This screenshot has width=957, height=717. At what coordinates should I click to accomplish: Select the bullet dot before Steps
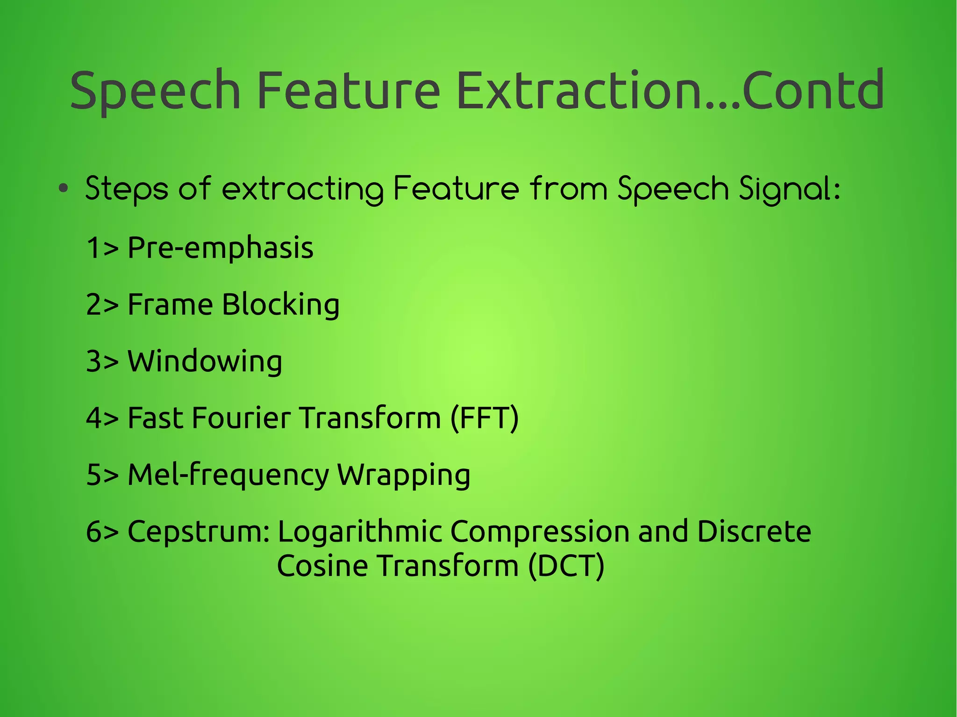(x=64, y=189)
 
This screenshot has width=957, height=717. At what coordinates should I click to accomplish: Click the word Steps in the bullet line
(x=127, y=189)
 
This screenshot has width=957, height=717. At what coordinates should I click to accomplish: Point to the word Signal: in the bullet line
(x=790, y=189)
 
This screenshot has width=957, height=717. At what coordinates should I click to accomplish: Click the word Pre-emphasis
(x=220, y=248)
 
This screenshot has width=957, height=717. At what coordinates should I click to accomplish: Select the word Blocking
(x=280, y=305)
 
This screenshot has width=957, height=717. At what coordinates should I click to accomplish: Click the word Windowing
(x=205, y=362)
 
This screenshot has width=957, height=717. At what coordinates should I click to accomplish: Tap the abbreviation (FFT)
(x=485, y=418)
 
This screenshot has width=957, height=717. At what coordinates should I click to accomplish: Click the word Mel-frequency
(x=229, y=475)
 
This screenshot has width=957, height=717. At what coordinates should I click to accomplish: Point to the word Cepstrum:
(x=199, y=532)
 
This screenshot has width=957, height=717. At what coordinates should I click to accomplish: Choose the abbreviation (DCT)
(x=566, y=566)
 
